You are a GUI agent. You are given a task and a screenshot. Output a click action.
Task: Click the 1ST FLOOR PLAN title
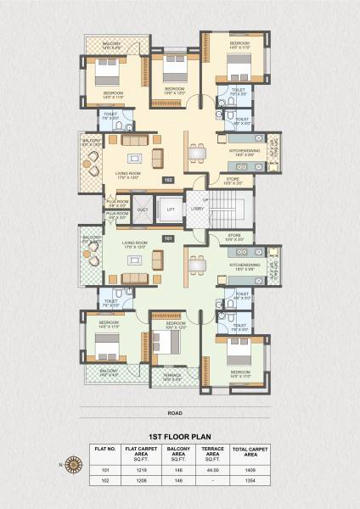(180, 433)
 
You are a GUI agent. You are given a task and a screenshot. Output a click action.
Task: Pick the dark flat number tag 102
(168, 180)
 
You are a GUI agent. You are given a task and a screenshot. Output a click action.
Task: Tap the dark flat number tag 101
(168, 238)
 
